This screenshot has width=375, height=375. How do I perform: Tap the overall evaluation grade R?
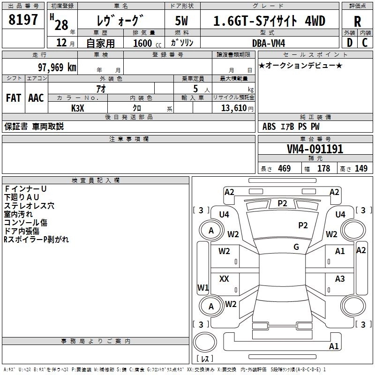[x=357, y=21]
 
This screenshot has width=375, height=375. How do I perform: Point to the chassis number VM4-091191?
[x=315, y=150]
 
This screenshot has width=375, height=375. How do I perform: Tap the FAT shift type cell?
[x=13, y=98]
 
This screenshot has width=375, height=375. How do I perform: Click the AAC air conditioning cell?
[x=36, y=98]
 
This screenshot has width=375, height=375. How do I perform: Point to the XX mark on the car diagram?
[x=224, y=279]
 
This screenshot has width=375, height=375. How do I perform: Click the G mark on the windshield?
[x=296, y=247]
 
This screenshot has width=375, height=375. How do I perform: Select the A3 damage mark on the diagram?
[x=340, y=279]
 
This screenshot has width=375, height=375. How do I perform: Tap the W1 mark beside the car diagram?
[x=202, y=287]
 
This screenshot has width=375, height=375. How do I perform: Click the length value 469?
[x=284, y=169]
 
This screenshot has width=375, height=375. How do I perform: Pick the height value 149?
[x=361, y=169]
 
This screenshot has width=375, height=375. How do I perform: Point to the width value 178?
[x=323, y=169]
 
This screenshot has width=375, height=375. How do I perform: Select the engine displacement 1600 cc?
[x=143, y=43]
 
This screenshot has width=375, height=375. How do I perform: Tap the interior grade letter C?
[x=365, y=43]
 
